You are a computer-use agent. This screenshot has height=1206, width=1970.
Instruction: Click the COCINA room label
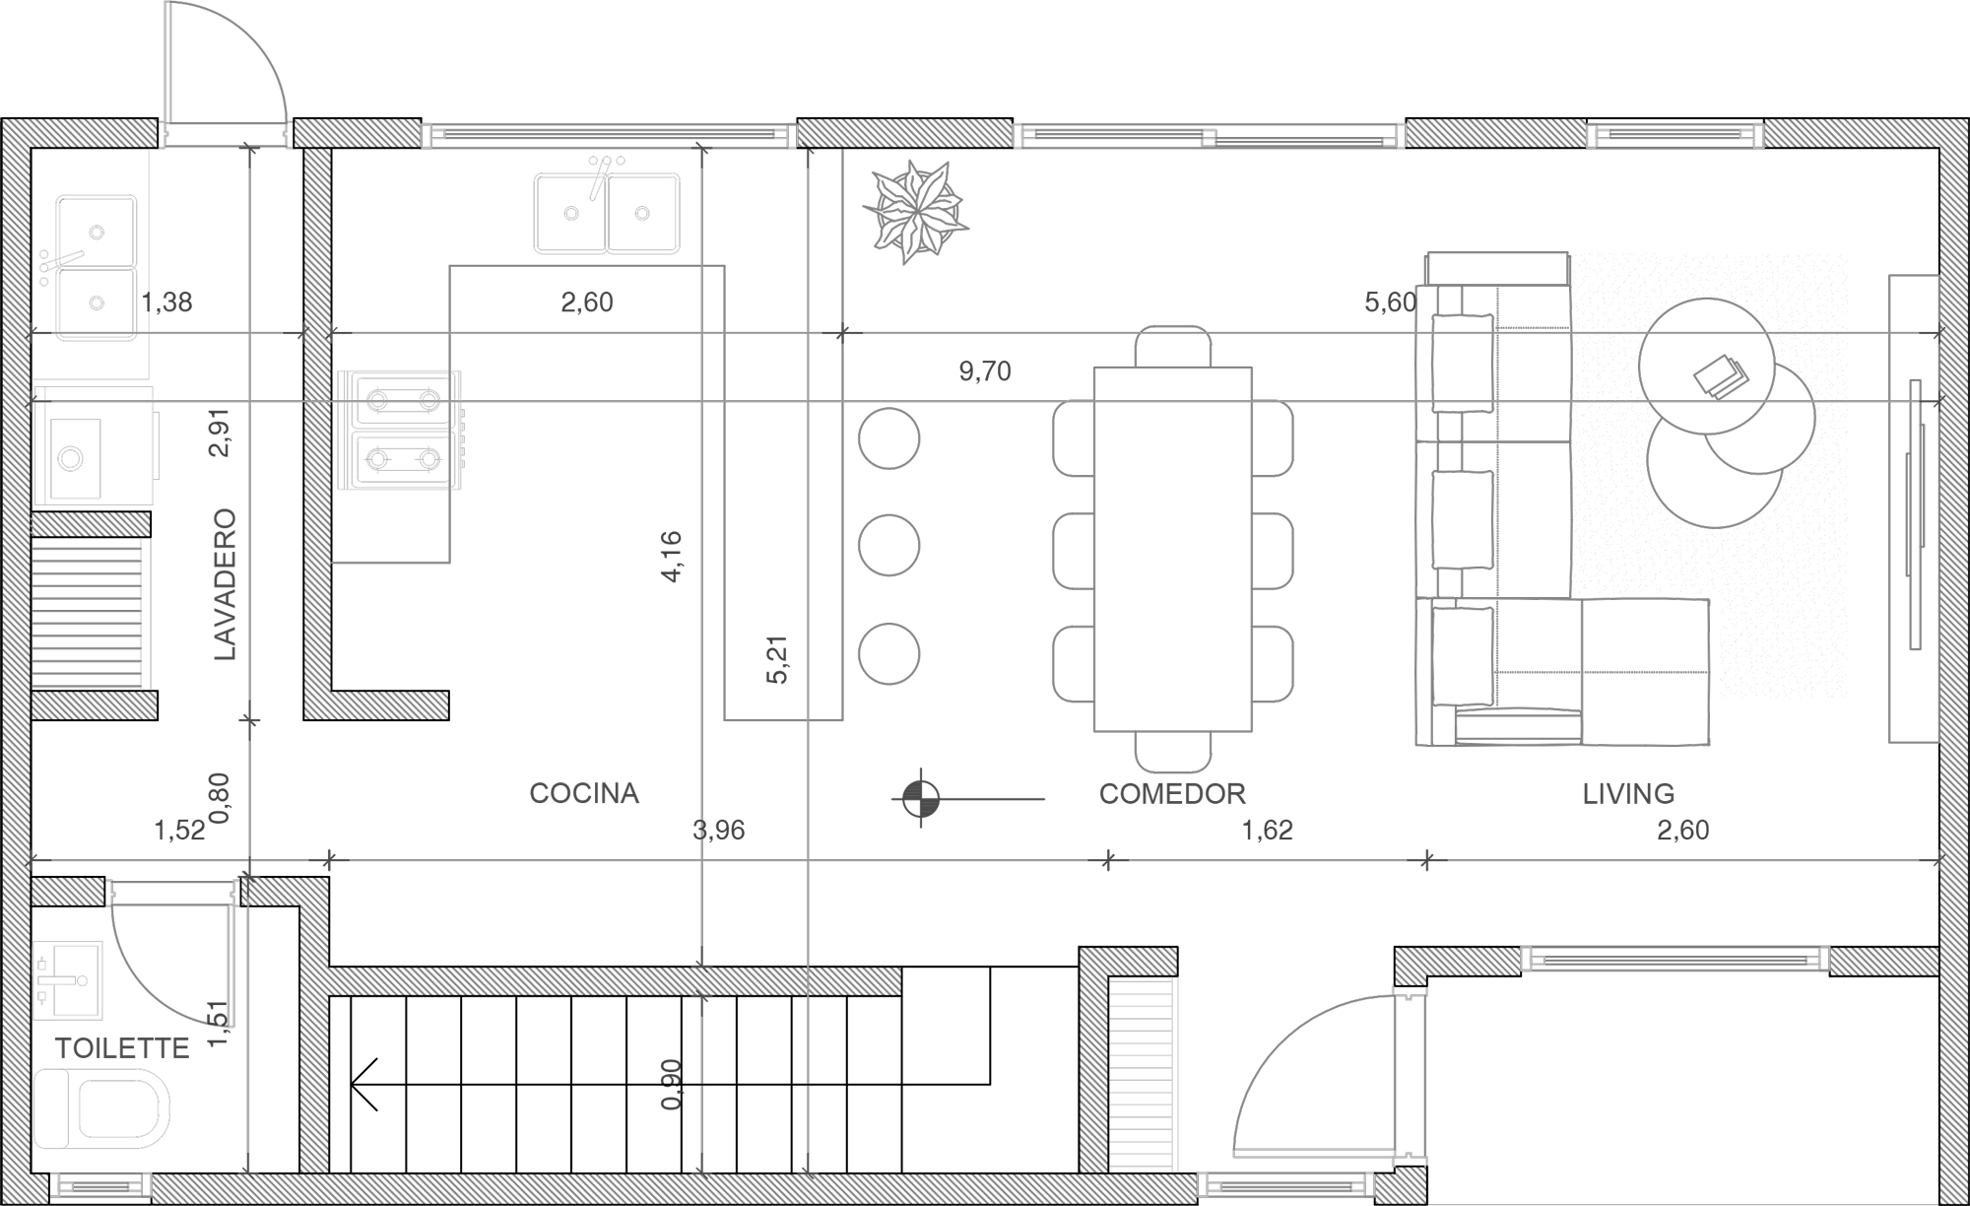(x=584, y=793)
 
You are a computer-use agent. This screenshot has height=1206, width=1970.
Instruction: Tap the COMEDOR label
(x=1172, y=793)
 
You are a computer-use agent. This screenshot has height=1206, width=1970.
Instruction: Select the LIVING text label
(x=1628, y=793)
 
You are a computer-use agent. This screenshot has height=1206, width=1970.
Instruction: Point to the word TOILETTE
(x=122, y=1048)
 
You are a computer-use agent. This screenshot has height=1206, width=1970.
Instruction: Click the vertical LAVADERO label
(x=226, y=584)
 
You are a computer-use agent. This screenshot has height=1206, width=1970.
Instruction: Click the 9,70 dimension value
(x=985, y=371)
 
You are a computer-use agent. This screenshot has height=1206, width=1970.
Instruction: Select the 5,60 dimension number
(x=1390, y=302)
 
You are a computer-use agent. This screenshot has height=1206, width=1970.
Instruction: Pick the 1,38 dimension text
(x=166, y=302)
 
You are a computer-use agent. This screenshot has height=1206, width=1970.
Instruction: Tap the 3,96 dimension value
(x=719, y=831)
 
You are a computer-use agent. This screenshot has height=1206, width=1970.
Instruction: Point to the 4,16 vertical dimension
(x=672, y=557)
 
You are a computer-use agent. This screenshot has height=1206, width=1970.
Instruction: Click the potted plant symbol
(x=915, y=210)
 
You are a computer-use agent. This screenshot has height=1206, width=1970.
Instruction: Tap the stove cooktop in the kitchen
(x=400, y=430)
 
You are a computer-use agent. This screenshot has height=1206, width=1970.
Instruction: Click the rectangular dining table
(x=1172, y=549)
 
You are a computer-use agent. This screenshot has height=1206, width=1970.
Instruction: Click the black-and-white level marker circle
(x=920, y=798)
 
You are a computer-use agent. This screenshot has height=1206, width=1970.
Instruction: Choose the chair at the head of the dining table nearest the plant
(x=1172, y=347)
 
